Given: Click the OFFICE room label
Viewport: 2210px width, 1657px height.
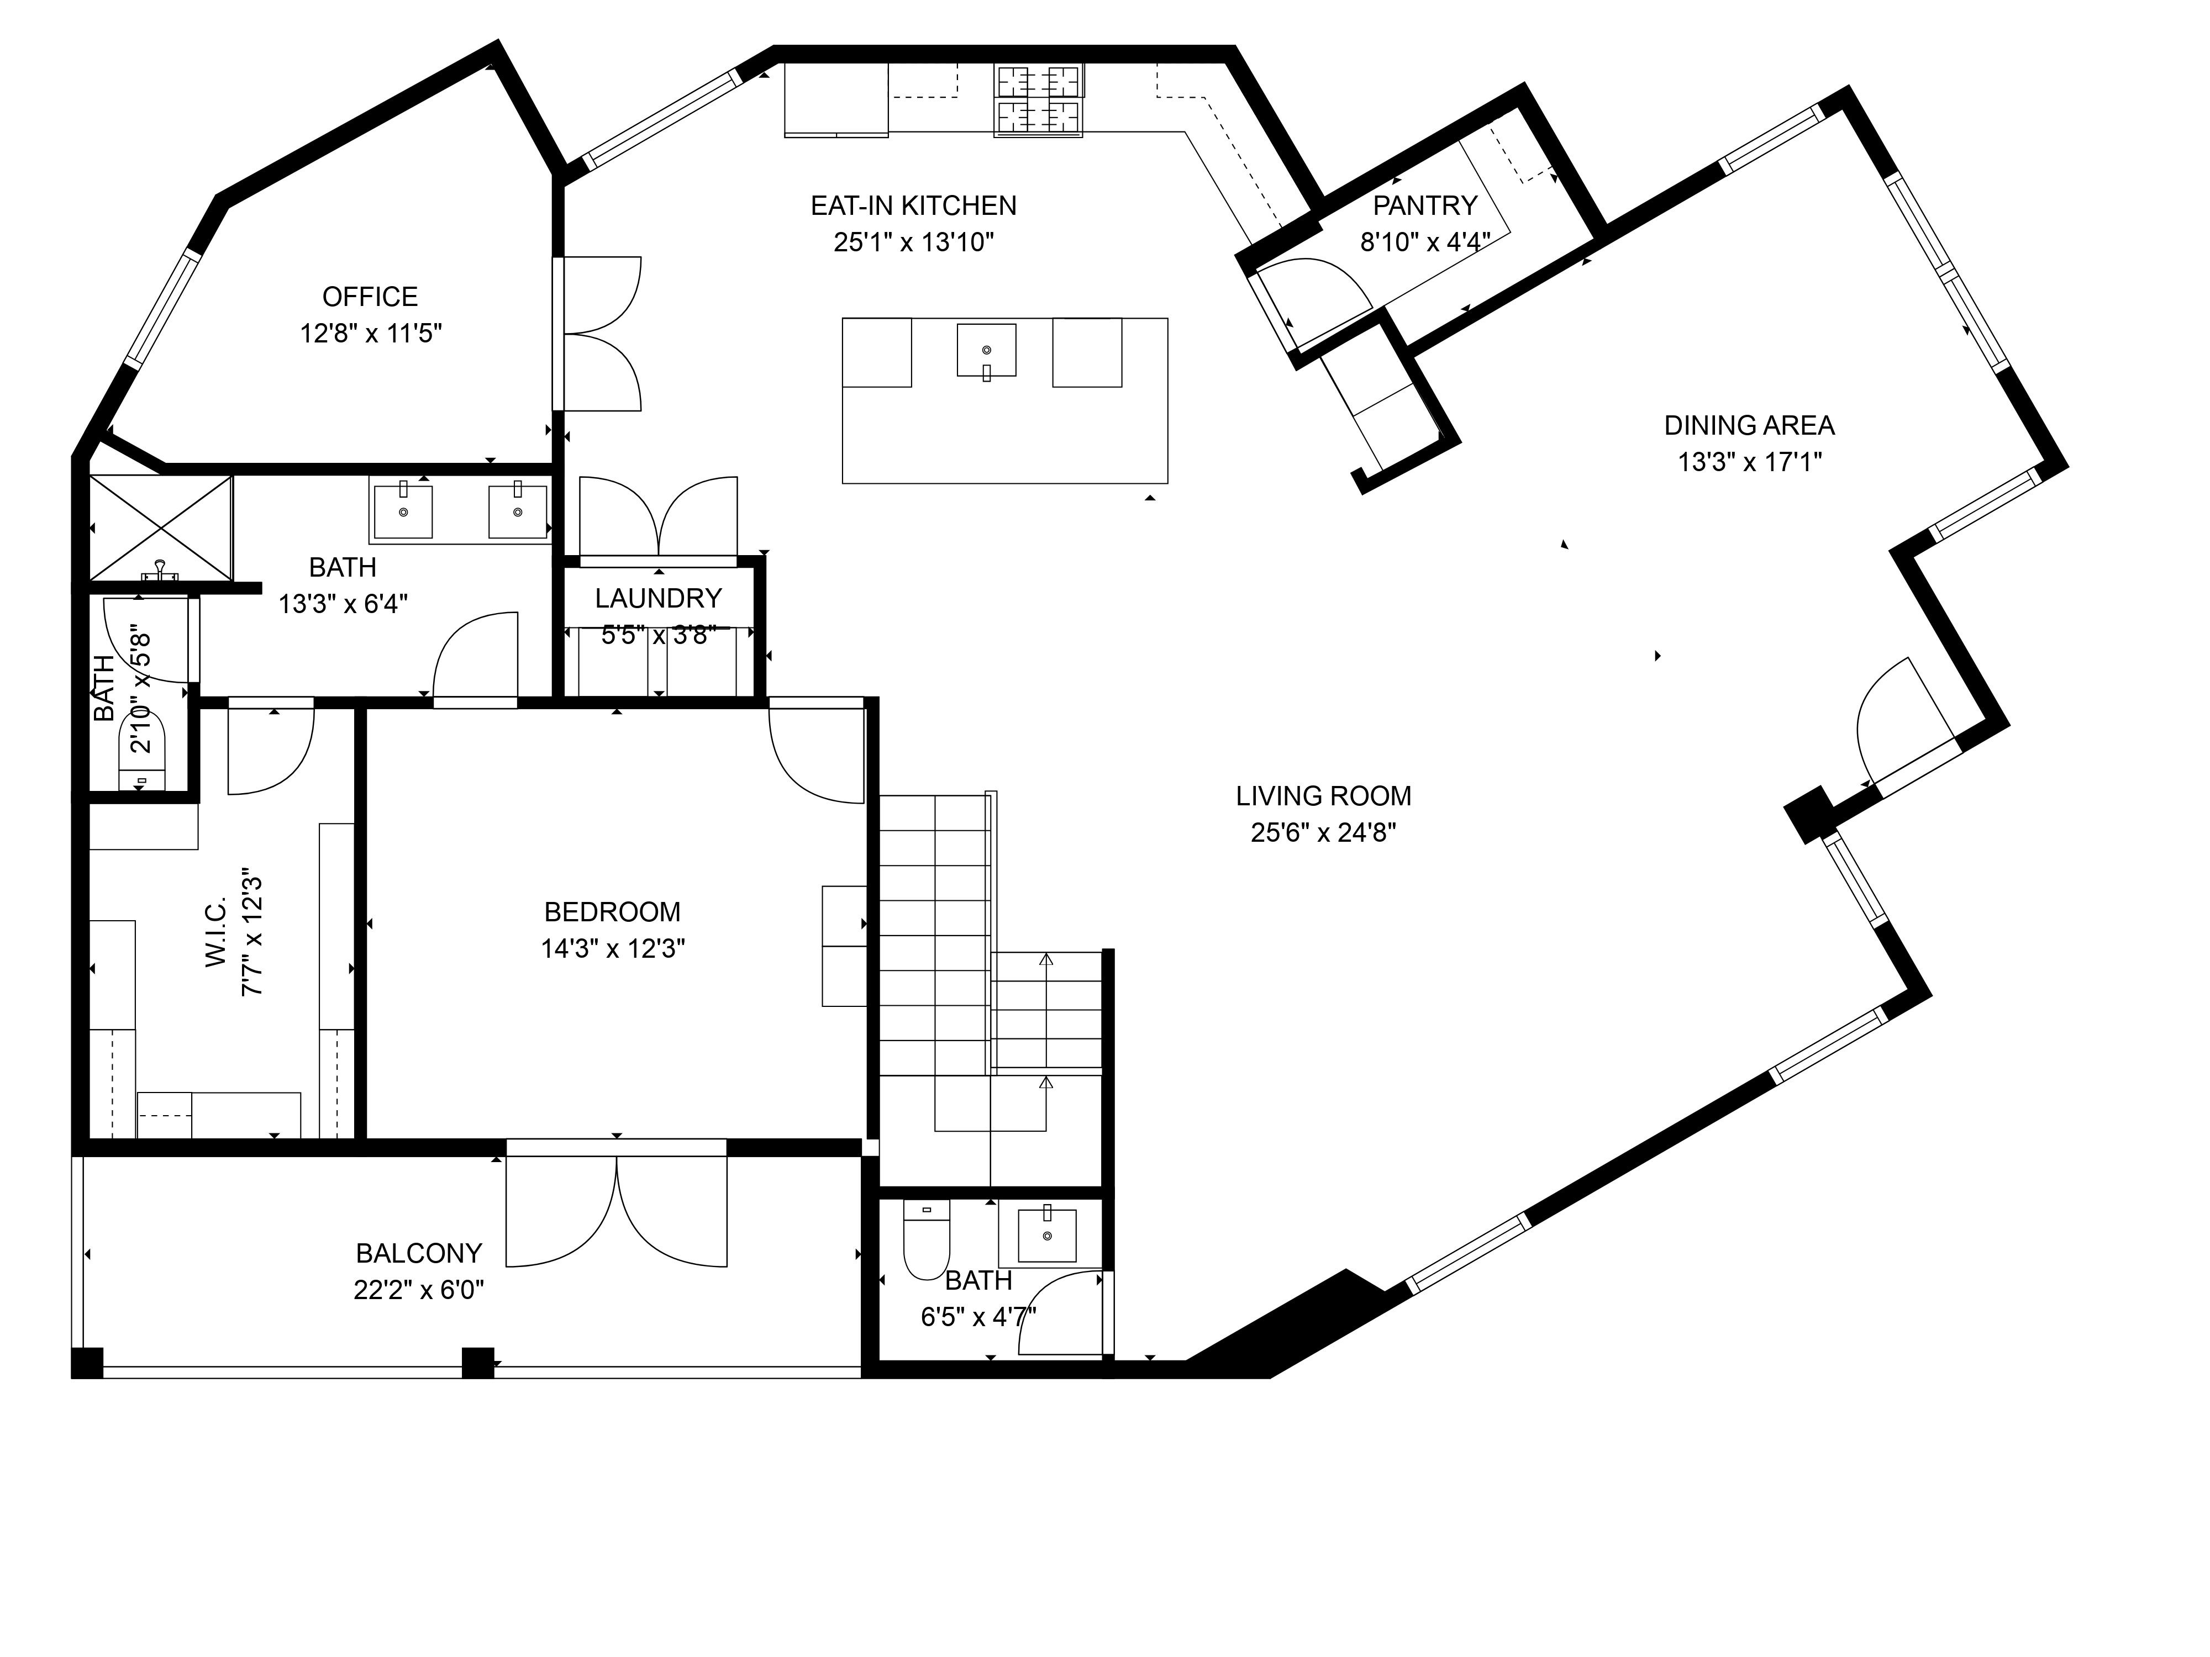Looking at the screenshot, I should pos(370,297).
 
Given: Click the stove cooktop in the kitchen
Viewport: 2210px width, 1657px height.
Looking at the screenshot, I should pos(1039,100).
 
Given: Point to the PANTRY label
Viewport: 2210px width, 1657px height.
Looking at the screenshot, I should pos(1425,206).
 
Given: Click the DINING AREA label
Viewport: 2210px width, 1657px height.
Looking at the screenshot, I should pos(1749,425).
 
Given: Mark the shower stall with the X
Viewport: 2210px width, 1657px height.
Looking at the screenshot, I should pos(160,527).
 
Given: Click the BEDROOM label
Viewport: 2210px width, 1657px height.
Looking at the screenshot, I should pos(612,912).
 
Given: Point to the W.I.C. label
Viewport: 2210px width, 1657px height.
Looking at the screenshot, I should pos(217,931).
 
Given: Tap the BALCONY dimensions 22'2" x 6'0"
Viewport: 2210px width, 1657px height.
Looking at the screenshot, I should pos(419,1290).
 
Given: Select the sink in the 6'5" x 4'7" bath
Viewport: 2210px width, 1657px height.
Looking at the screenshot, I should pos(1047,1236).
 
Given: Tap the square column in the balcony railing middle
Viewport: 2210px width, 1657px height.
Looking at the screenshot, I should pos(477,1363).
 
